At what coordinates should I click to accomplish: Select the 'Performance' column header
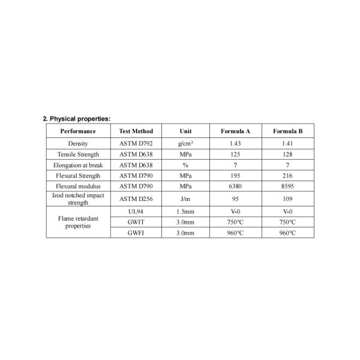pos(78,131)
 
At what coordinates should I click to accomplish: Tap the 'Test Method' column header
pos(136,131)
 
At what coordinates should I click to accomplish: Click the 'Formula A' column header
pos(236,131)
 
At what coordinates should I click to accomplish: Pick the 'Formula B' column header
pos(288,131)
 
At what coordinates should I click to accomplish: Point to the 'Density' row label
pos(78,143)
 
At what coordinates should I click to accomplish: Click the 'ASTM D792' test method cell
pos(136,143)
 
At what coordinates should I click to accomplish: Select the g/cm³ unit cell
pos(185,143)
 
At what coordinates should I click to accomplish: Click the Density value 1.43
pos(236,143)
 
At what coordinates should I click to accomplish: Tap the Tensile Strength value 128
pos(288,154)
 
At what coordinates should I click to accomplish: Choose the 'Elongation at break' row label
pos(78,165)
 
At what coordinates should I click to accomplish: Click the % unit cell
pos(185,165)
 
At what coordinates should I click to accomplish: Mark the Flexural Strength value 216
pos(288,176)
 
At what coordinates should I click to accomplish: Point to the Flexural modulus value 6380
pos(236,187)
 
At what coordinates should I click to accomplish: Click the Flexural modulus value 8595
pos(288,187)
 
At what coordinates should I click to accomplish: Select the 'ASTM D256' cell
pos(136,199)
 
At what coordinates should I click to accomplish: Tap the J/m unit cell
pos(185,199)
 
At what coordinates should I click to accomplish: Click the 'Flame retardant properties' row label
pos(78,222)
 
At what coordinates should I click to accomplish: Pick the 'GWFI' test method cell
pos(136,233)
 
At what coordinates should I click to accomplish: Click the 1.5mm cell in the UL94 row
pos(185,211)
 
